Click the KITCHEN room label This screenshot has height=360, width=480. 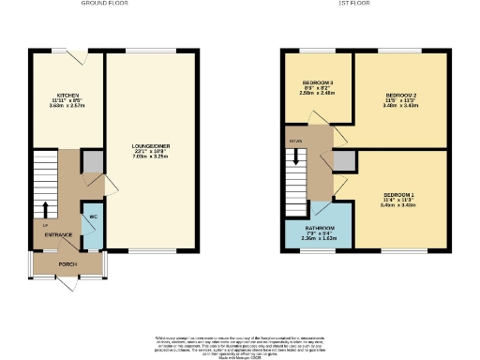pos(67,96)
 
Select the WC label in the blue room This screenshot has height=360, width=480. pos(93,217)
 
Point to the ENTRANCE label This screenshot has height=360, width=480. pos(59,234)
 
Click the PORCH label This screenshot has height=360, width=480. pos(67,264)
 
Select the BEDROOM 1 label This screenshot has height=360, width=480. pos(398,194)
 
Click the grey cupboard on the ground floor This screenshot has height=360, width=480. pos(92,161)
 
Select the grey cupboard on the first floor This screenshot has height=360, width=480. pos(344,160)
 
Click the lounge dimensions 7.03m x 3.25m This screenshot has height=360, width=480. pos(150,158)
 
